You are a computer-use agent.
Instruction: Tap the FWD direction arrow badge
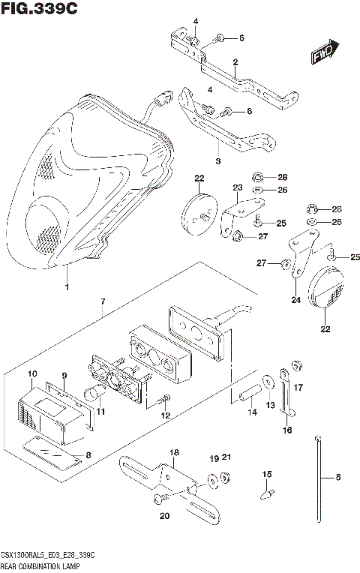click(324, 53)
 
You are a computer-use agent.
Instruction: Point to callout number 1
click(67, 287)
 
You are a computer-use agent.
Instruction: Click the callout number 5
click(337, 477)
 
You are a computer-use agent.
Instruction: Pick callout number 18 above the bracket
click(174, 453)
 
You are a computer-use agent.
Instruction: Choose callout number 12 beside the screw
click(166, 415)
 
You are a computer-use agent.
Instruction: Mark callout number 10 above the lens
click(32, 373)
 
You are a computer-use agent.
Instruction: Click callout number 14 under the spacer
click(251, 412)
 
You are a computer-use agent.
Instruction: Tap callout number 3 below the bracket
click(217, 160)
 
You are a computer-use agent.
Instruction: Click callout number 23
click(237, 187)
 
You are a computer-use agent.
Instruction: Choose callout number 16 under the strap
click(286, 430)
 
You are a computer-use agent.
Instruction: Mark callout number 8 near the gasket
click(90, 454)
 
